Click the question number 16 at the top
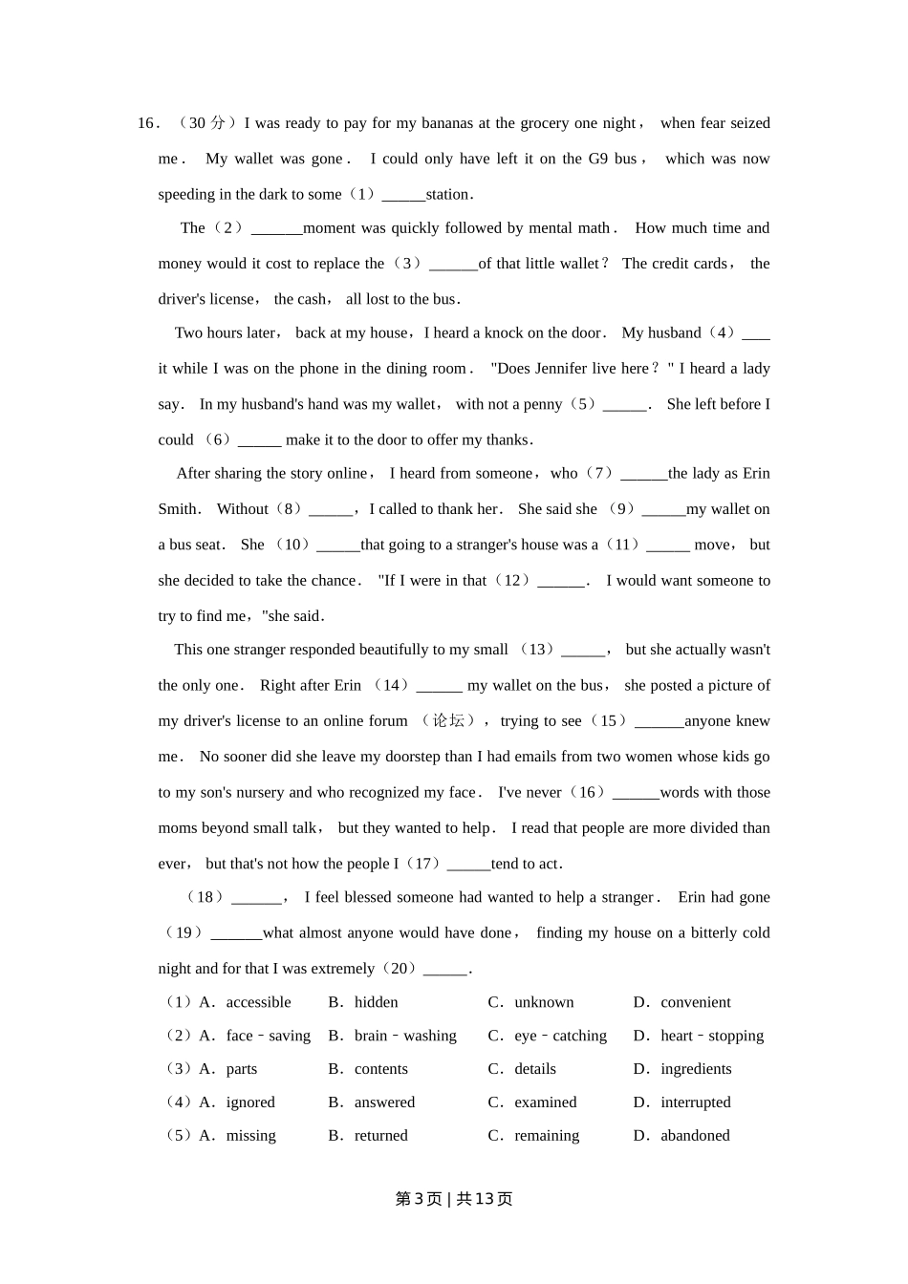145,123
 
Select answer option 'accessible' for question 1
258,1002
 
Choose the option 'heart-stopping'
711,1036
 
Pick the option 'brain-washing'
404,1036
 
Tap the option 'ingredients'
695,1069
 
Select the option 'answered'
384,1102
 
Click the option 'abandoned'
694,1136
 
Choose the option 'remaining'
546,1136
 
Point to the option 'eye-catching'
560,1036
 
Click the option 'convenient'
695,1002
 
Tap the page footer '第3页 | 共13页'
454,1199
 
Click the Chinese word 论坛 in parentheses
448,720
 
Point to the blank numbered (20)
444,969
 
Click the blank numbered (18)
257,897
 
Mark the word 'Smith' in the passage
177,509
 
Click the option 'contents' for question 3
380,1069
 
